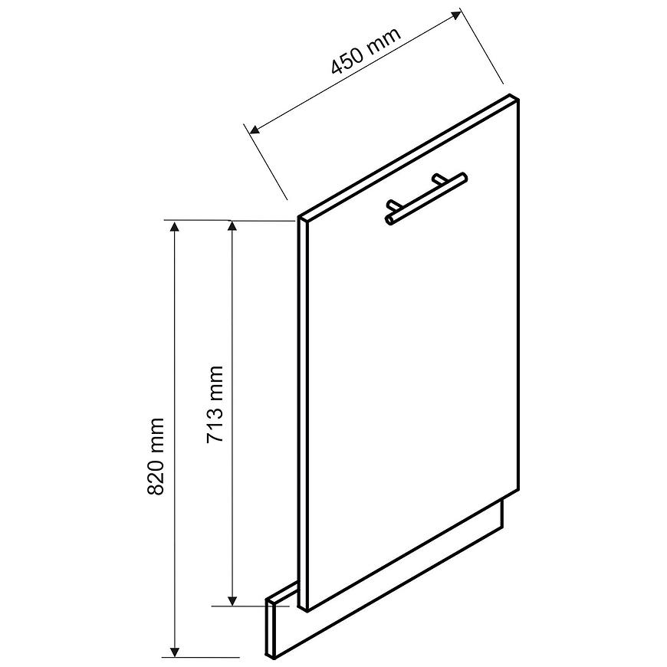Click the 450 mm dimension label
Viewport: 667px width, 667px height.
pyautogui.click(x=366, y=51)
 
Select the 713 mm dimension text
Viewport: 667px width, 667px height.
pyautogui.click(x=215, y=405)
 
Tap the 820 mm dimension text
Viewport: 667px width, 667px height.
pyautogui.click(x=156, y=456)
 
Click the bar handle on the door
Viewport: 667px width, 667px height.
pyautogui.click(x=426, y=199)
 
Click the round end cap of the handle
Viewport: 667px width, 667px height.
pyautogui.click(x=389, y=220)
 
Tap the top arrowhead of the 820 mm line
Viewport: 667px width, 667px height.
pyautogui.click(x=174, y=227)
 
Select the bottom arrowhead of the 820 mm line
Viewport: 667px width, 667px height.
pyautogui.click(x=174, y=651)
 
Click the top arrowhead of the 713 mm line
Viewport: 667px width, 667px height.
pyautogui.click(x=232, y=227)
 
